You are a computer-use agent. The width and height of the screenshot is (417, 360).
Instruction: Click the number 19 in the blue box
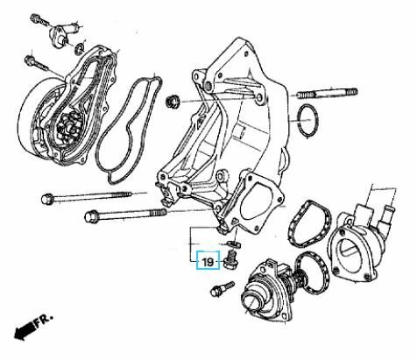point(208,262)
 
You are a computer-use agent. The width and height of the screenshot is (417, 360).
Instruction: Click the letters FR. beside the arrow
point(45,320)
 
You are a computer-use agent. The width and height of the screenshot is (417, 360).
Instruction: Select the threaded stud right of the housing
point(327,94)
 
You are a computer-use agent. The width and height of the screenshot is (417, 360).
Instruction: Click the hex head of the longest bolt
point(46,199)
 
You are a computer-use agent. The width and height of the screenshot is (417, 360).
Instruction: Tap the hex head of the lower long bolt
point(89,217)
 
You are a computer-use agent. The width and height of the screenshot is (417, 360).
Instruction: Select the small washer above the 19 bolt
point(234,243)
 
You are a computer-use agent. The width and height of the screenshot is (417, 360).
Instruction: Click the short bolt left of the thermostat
point(222,288)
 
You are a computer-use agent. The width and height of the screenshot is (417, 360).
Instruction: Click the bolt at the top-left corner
point(39,20)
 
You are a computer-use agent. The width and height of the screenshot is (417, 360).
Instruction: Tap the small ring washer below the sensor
point(80,48)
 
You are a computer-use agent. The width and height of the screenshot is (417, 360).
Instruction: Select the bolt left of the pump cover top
point(37,64)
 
